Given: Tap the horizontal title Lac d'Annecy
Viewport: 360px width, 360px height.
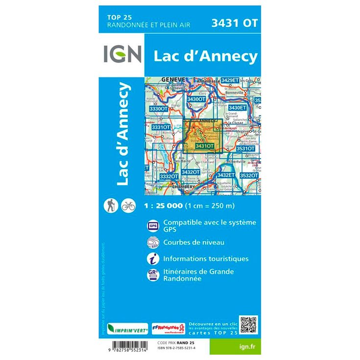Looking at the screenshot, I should click(205, 56).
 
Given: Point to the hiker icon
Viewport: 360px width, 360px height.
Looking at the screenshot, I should click(110, 206).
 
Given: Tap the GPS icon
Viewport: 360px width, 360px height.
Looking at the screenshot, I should click(152, 226).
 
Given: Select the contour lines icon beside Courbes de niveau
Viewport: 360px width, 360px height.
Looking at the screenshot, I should click(152, 242).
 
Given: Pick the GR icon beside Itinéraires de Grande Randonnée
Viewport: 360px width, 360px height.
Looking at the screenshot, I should click(152, 275).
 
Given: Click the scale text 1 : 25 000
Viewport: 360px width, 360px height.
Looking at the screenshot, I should click(164, 206).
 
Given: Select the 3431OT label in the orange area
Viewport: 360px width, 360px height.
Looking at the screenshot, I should click(204, 146).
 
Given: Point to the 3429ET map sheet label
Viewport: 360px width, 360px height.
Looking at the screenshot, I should click(230, 80).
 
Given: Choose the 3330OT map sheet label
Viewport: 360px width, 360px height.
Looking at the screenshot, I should click(158, 108).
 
